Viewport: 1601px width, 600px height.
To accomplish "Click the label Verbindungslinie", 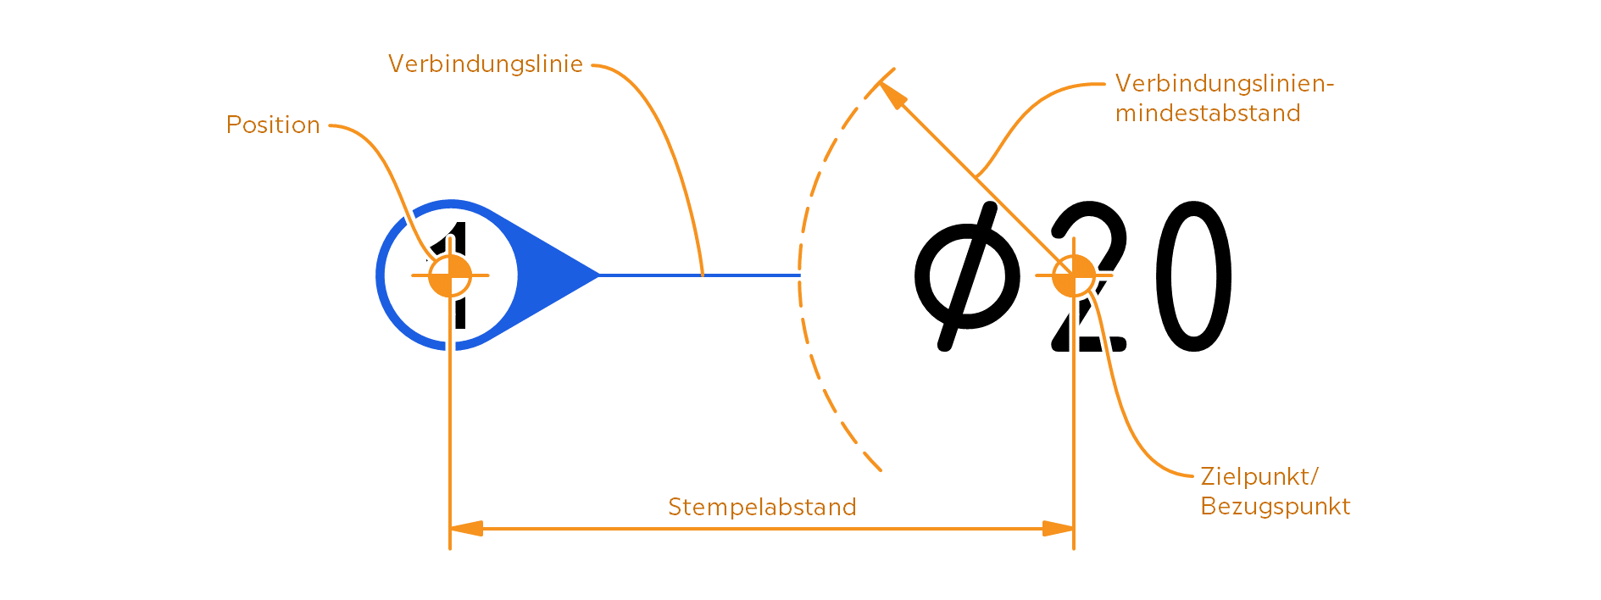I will (486, 64).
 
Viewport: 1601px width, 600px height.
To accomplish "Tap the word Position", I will (273, 125).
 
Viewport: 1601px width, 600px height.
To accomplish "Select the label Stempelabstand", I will (762, 507).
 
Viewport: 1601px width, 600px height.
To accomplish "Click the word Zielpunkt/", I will (1259, 476).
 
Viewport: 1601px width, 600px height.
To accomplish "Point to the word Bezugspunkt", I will (1275, 507).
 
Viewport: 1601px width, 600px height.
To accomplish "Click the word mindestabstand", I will (1207, 114).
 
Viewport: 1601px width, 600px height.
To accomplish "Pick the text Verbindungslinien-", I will (1224, 84).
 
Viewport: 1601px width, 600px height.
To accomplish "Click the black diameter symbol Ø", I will (967, 275).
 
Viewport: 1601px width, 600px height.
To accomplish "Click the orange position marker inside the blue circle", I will (450, 275).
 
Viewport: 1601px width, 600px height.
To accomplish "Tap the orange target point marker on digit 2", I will (1074, 275).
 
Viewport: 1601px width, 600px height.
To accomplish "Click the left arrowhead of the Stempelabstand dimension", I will (464, 529).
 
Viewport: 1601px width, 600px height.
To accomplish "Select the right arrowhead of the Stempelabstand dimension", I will (1059, 529).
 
